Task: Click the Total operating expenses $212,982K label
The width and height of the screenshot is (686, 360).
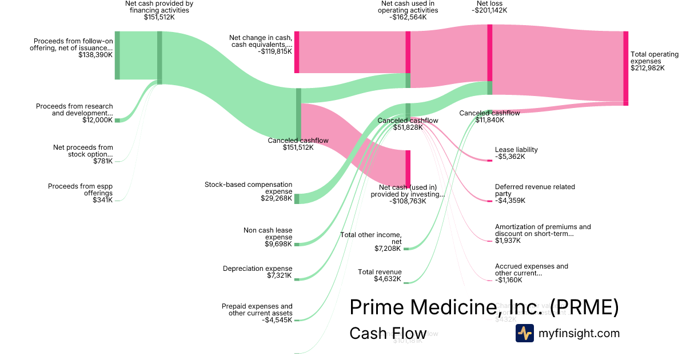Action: pyautogui.click(x=654, y=61)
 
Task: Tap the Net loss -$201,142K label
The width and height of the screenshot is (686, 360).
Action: pyautogui.click(x=489, y=6)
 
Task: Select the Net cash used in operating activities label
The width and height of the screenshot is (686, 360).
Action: pyautogui.click(x=409, y=10)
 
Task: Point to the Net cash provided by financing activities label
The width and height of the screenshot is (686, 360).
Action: pyautogui.click(x=159, y=10)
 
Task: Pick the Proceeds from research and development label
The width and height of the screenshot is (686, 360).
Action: pyautogui.click(x=74, y=113)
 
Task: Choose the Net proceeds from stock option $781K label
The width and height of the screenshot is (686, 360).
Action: pyautogui.click(x=83, y=154)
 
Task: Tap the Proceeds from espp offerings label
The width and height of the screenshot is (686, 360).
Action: pyautogui.click(x=80, y=193)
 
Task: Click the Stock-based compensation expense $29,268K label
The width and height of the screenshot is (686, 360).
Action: pyautogui.click(x=248, y=191)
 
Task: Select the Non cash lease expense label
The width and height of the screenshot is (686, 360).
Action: pyautogui.click(x=268, y=237)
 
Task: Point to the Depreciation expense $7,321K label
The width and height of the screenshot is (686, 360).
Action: pyautogui.click(x=257, y=272)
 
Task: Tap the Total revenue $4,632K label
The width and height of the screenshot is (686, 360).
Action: pyautogui.click(x=380, y=275)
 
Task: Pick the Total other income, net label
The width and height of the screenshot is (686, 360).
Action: pyautogui.click(x=371, y=242)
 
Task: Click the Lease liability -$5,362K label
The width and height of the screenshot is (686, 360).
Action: pyautogui.click(x=516, y=153)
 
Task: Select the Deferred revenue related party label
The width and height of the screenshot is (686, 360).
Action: pyautogui.click(x=535, y=194)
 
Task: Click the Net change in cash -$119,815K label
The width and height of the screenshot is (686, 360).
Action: pyautogui.click(x=261, y=44)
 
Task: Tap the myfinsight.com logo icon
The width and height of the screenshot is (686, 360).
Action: pyautogui.click(x=524, y=333)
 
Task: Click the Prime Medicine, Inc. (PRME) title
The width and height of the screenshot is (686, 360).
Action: pyautogui.click(x=484, y=307)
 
